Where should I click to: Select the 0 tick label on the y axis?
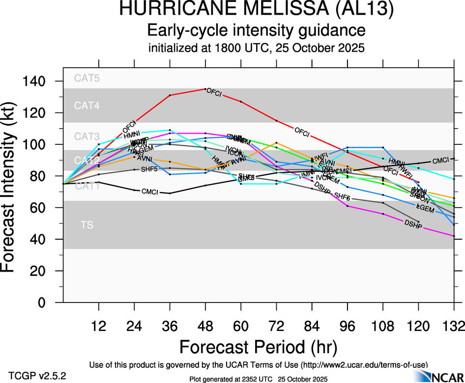pos(50,302)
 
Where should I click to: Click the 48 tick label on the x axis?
pos(205,325)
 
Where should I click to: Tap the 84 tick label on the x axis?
pos(312,325)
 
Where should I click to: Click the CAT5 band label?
pos(86,78)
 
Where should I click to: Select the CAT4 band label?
pos(86,106)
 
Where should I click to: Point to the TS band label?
pos(87,225)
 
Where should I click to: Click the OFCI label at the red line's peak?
pos(215,92)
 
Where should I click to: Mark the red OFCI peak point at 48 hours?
pos(205,89)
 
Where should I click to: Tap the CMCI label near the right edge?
pos(440,161)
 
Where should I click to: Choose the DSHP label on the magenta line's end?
pos(413,223)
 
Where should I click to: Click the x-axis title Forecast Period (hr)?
pos(258,347)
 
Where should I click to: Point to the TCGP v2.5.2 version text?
pos(37,375)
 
